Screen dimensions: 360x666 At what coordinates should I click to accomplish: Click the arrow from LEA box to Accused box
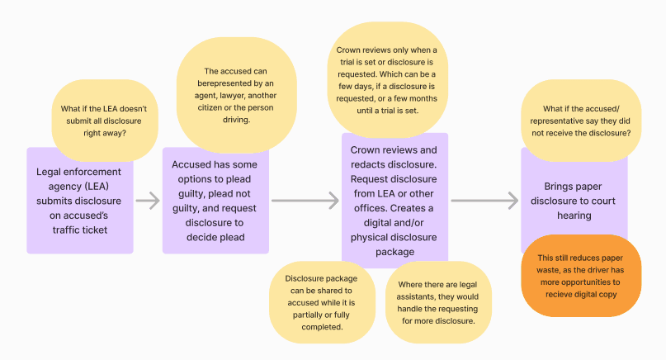147,200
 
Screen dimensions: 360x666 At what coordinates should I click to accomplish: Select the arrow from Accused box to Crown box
305,200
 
